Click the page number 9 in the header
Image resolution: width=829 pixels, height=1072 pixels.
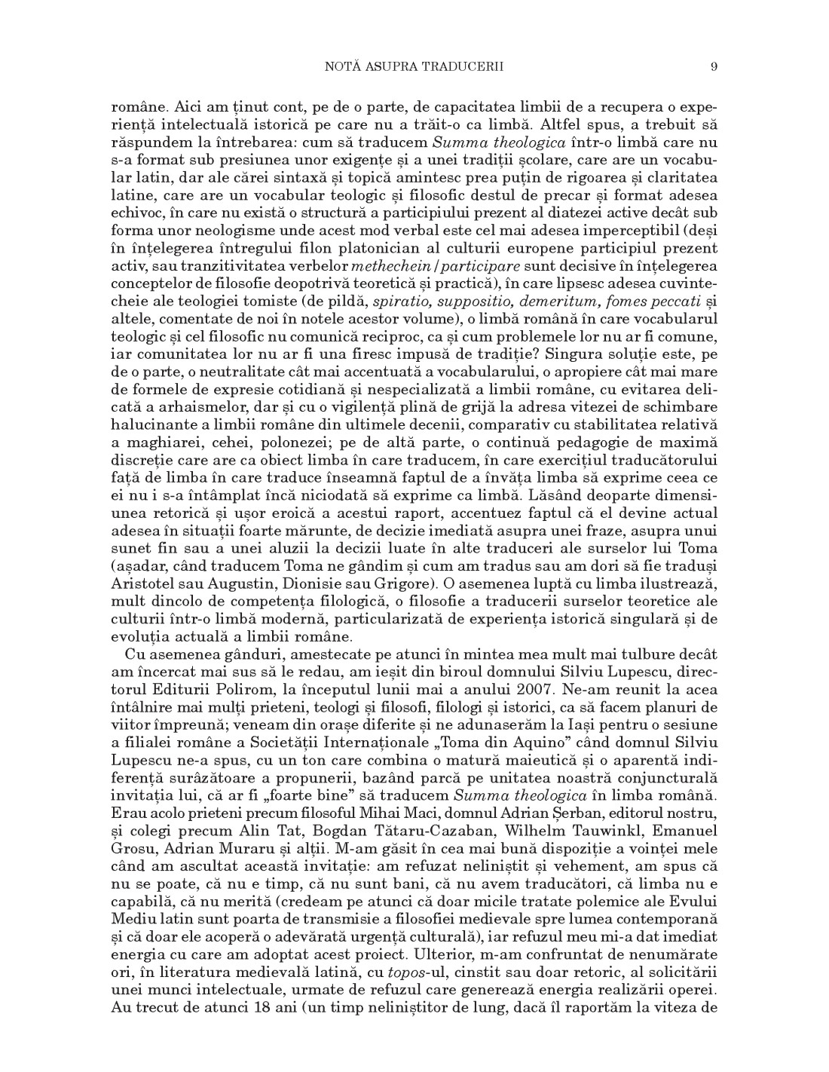click(x=713, y=66)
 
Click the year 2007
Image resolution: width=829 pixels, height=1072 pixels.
click(x=563, y=689)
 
